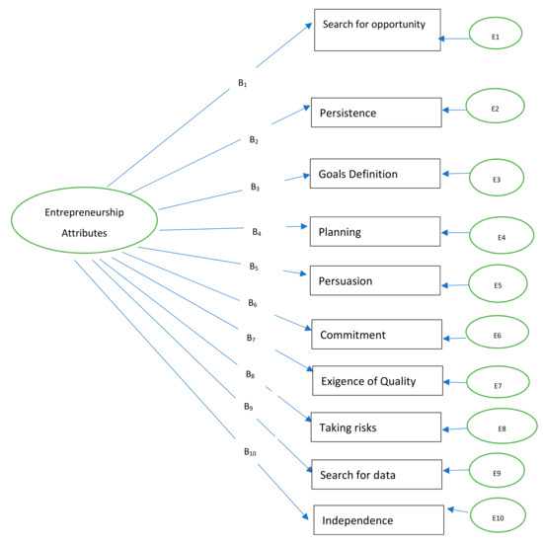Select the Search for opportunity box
[375, 30]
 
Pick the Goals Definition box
[373, 174]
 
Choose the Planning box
[374, 232]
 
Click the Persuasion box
[374, 279]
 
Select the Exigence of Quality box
[377, 380]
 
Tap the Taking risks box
[374, 427]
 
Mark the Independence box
[378, 519]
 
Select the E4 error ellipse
[502, 238]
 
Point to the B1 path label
[242, 83]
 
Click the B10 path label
[251, 451]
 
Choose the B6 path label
[253, 304]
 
